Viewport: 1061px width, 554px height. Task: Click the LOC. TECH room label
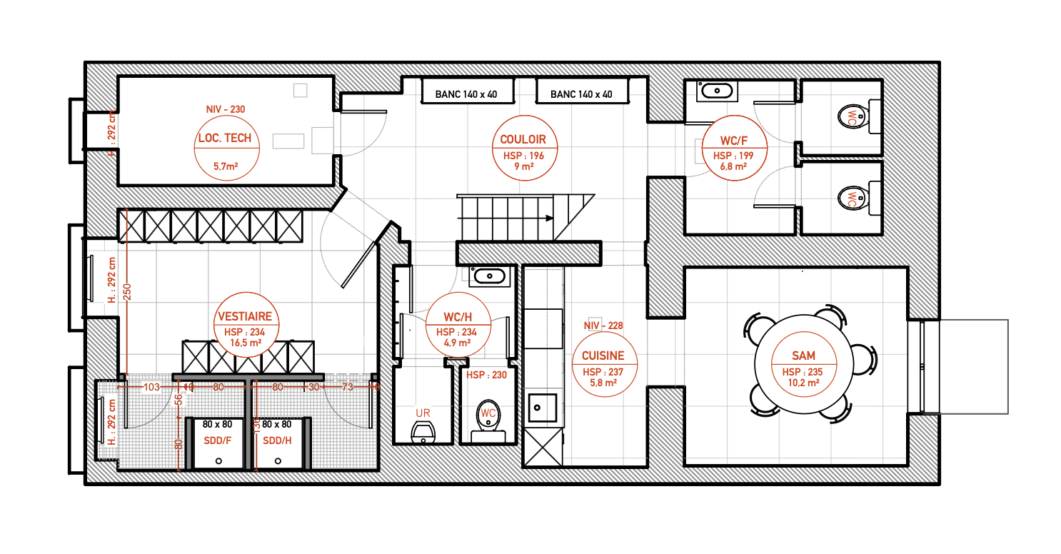click(226, 138)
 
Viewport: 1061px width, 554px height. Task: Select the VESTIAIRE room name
click(245, 317)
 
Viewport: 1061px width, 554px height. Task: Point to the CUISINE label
click(603, 356)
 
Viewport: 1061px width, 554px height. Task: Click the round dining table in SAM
click(804, 364)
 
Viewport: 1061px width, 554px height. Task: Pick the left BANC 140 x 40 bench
click(466, 94)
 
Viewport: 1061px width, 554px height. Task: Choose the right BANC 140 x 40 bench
click(581, 94)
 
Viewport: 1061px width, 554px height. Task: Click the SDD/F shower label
click(217, 440)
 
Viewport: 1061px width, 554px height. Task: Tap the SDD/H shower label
click(277, 440)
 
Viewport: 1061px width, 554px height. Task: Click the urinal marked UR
click(424, 432)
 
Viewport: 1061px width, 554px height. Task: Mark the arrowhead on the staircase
click(549, 218)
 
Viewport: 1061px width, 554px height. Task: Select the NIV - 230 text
click(226, 110)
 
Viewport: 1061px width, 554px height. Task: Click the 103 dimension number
click(151, 387)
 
